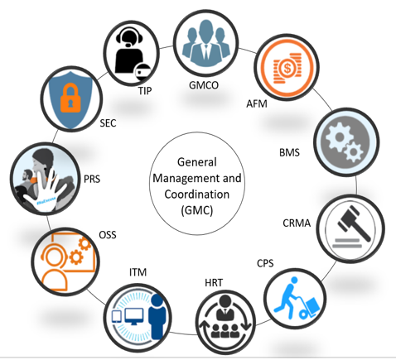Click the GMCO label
(204, 85)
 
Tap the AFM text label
(257, 104)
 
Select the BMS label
(289, 152)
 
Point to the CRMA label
(297, 223)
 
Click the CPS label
(265, 263)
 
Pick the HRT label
(214, 283)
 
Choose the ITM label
(138, 272)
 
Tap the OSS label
(108, 235)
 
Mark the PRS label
(92, 179)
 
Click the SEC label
(108, 123)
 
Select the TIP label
(145, 91)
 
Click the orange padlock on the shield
(70, 98)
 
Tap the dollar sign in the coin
(287, 68)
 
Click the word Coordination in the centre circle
(197, 194)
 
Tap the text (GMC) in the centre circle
(197, 210)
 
